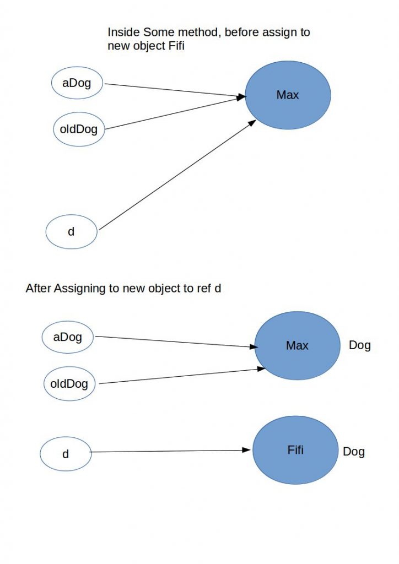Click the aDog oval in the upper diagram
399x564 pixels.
[78, 84]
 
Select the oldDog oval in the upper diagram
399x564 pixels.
[79, 130]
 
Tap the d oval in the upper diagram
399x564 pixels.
[71, 232]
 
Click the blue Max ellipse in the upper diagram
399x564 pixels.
[288, 95]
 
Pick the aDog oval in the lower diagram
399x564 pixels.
[68, 337]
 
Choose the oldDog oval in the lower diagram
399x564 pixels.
[69, 383]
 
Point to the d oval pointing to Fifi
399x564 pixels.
[65, 454]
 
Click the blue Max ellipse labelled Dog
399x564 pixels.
[297, 346]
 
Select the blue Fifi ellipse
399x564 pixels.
[295, 451]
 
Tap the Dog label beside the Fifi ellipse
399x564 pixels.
[354, 452]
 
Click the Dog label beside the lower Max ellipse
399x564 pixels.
[360, 346]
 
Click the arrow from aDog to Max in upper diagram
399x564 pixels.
[174, 91]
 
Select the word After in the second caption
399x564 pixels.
[39, 288]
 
